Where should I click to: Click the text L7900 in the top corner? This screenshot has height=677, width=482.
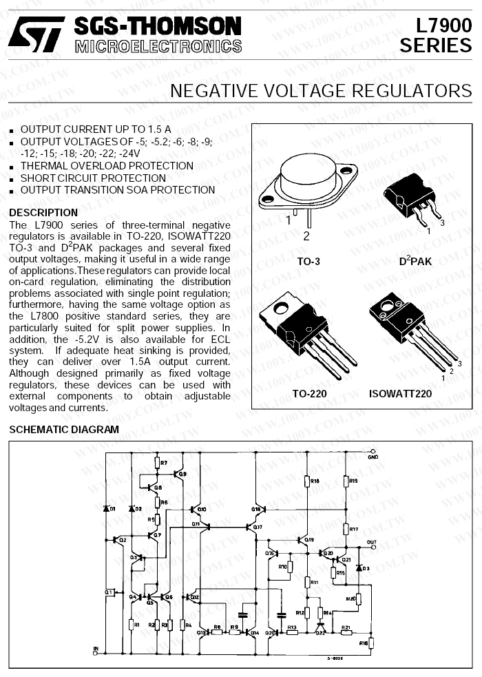coord(443,25)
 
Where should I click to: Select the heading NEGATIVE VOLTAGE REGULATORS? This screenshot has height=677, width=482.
coord(320,92)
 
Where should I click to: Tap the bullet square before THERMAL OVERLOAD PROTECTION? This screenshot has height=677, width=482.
coord(12,166)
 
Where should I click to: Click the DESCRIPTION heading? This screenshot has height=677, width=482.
coord(43,212)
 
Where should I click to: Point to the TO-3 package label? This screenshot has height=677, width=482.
coord(308,262)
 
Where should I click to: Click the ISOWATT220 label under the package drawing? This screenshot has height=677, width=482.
coord(400,394)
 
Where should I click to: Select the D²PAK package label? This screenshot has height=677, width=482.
coord(415,262)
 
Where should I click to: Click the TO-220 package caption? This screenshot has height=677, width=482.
coord(308,394)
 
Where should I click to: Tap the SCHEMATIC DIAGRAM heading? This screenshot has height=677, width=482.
coord(64,429)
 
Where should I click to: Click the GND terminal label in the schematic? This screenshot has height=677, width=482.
coord(373,457)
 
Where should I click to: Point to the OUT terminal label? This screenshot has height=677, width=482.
coord(372,543)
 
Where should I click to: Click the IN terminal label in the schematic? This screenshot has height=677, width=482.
coord(96,648)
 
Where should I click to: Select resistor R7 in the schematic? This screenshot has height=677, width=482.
coord(157,464)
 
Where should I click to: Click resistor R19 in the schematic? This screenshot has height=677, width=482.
coord(346,481)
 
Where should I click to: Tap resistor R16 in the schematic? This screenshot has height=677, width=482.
coord(369,643)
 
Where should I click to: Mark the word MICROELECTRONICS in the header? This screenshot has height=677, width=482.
coord(158,47)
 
